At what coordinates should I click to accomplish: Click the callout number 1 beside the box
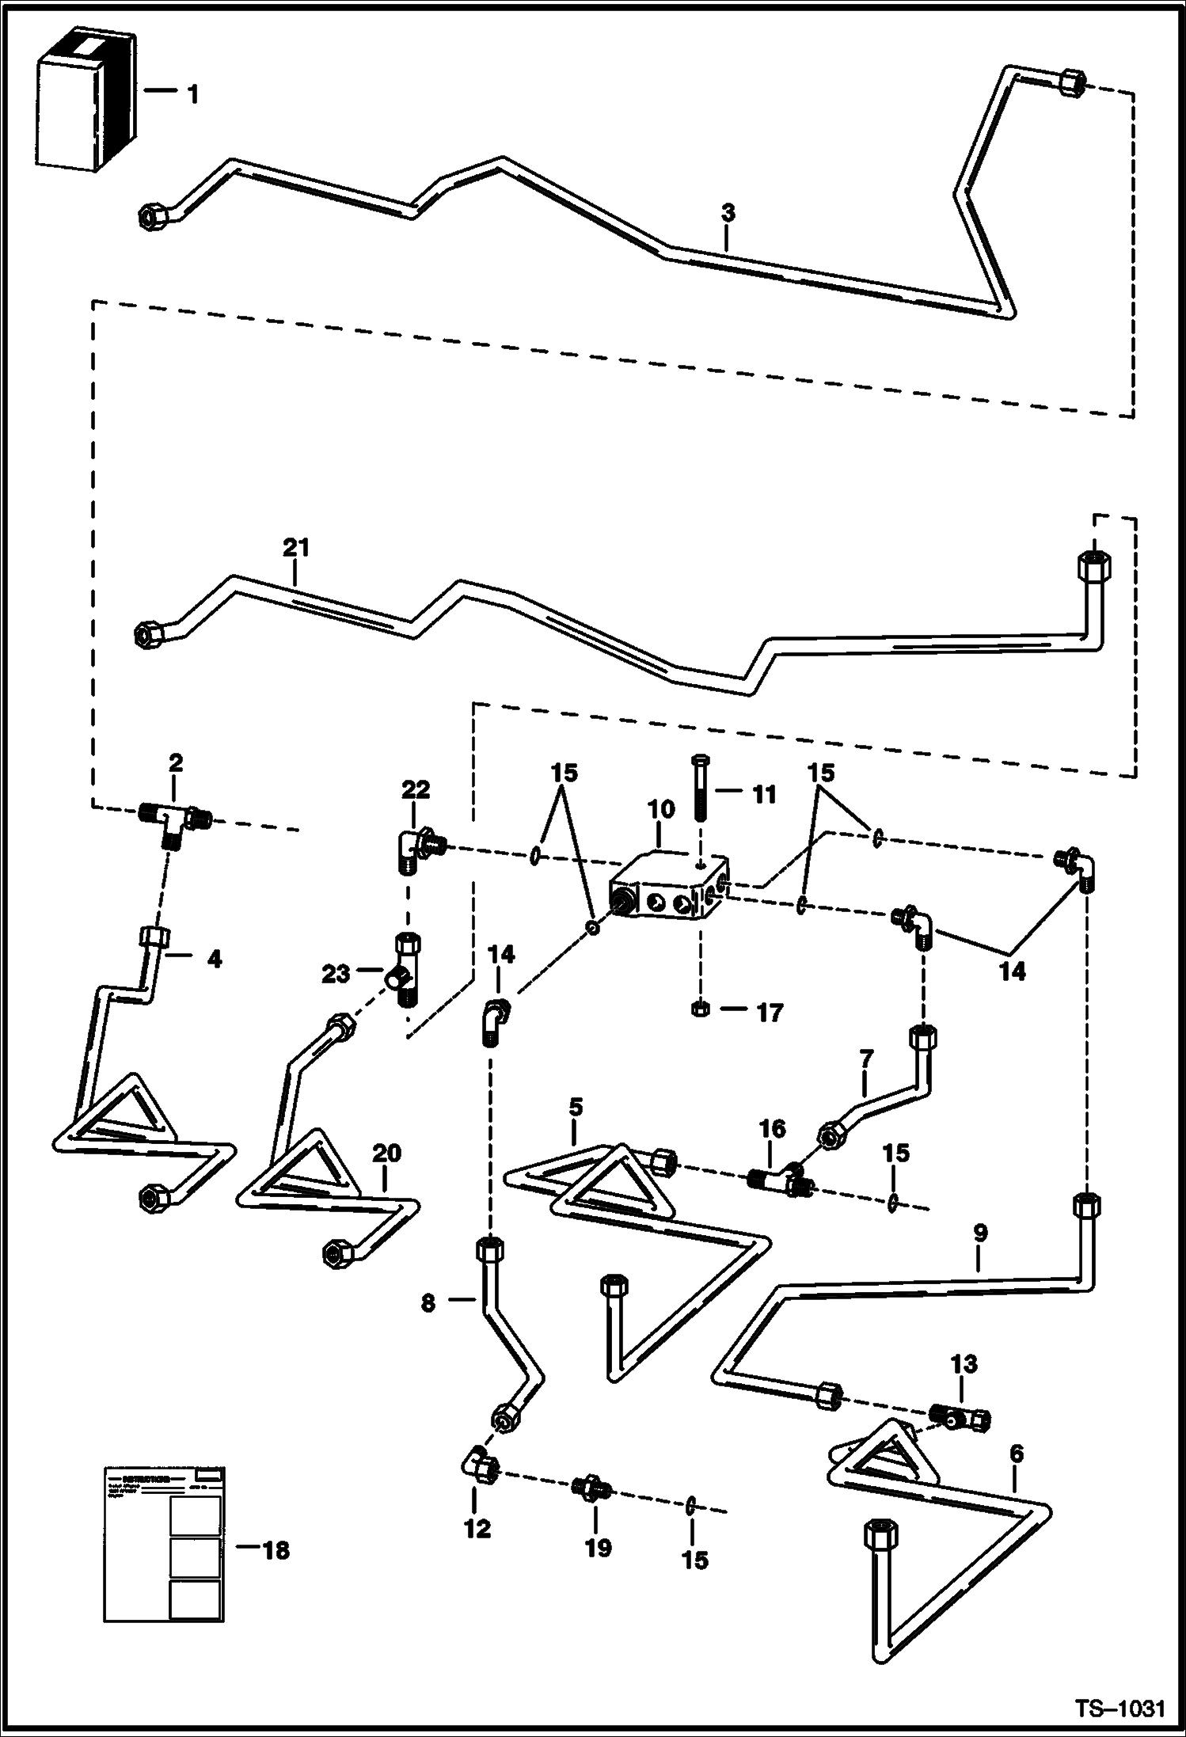(x=192, y=95)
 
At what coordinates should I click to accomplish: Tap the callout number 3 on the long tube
(x=728, y=212)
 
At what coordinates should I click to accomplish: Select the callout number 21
(x=295, y=547)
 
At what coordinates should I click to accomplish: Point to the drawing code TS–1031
(x=1119, y=1710)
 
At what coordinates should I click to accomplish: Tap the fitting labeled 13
(x=960, y=1419)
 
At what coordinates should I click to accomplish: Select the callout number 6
(x=1017, y=1453)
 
